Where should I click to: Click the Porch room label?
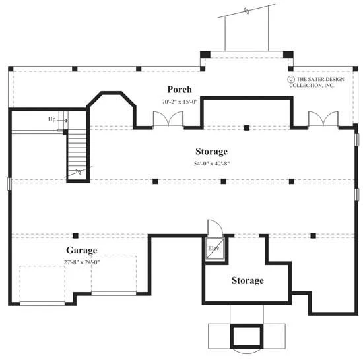coord(180,90)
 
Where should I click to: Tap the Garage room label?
coord(81,250)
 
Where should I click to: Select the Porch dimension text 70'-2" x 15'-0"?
coord(180,102)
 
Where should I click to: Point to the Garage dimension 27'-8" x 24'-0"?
coord(82,262)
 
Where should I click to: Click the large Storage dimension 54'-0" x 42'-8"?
coord(212,164)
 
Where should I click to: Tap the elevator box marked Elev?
coord(215,249)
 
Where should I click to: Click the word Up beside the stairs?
coord(52,119)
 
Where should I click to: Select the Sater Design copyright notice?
coord(315,82)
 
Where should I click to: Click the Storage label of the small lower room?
coord(247,280)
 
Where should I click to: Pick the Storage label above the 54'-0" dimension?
coord(212,152)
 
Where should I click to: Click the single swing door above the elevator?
coord(215,227)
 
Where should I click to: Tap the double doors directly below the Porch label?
coord(168,119)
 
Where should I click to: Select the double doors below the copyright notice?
coord(323,119)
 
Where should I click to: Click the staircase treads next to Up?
coord(77,152)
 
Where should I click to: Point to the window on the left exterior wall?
coord(9,184)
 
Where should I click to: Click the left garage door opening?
coord(42,303)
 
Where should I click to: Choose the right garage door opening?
coord(114,293)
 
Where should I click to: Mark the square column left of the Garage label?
coord(75,235)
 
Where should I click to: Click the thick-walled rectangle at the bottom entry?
coord(247,336)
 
